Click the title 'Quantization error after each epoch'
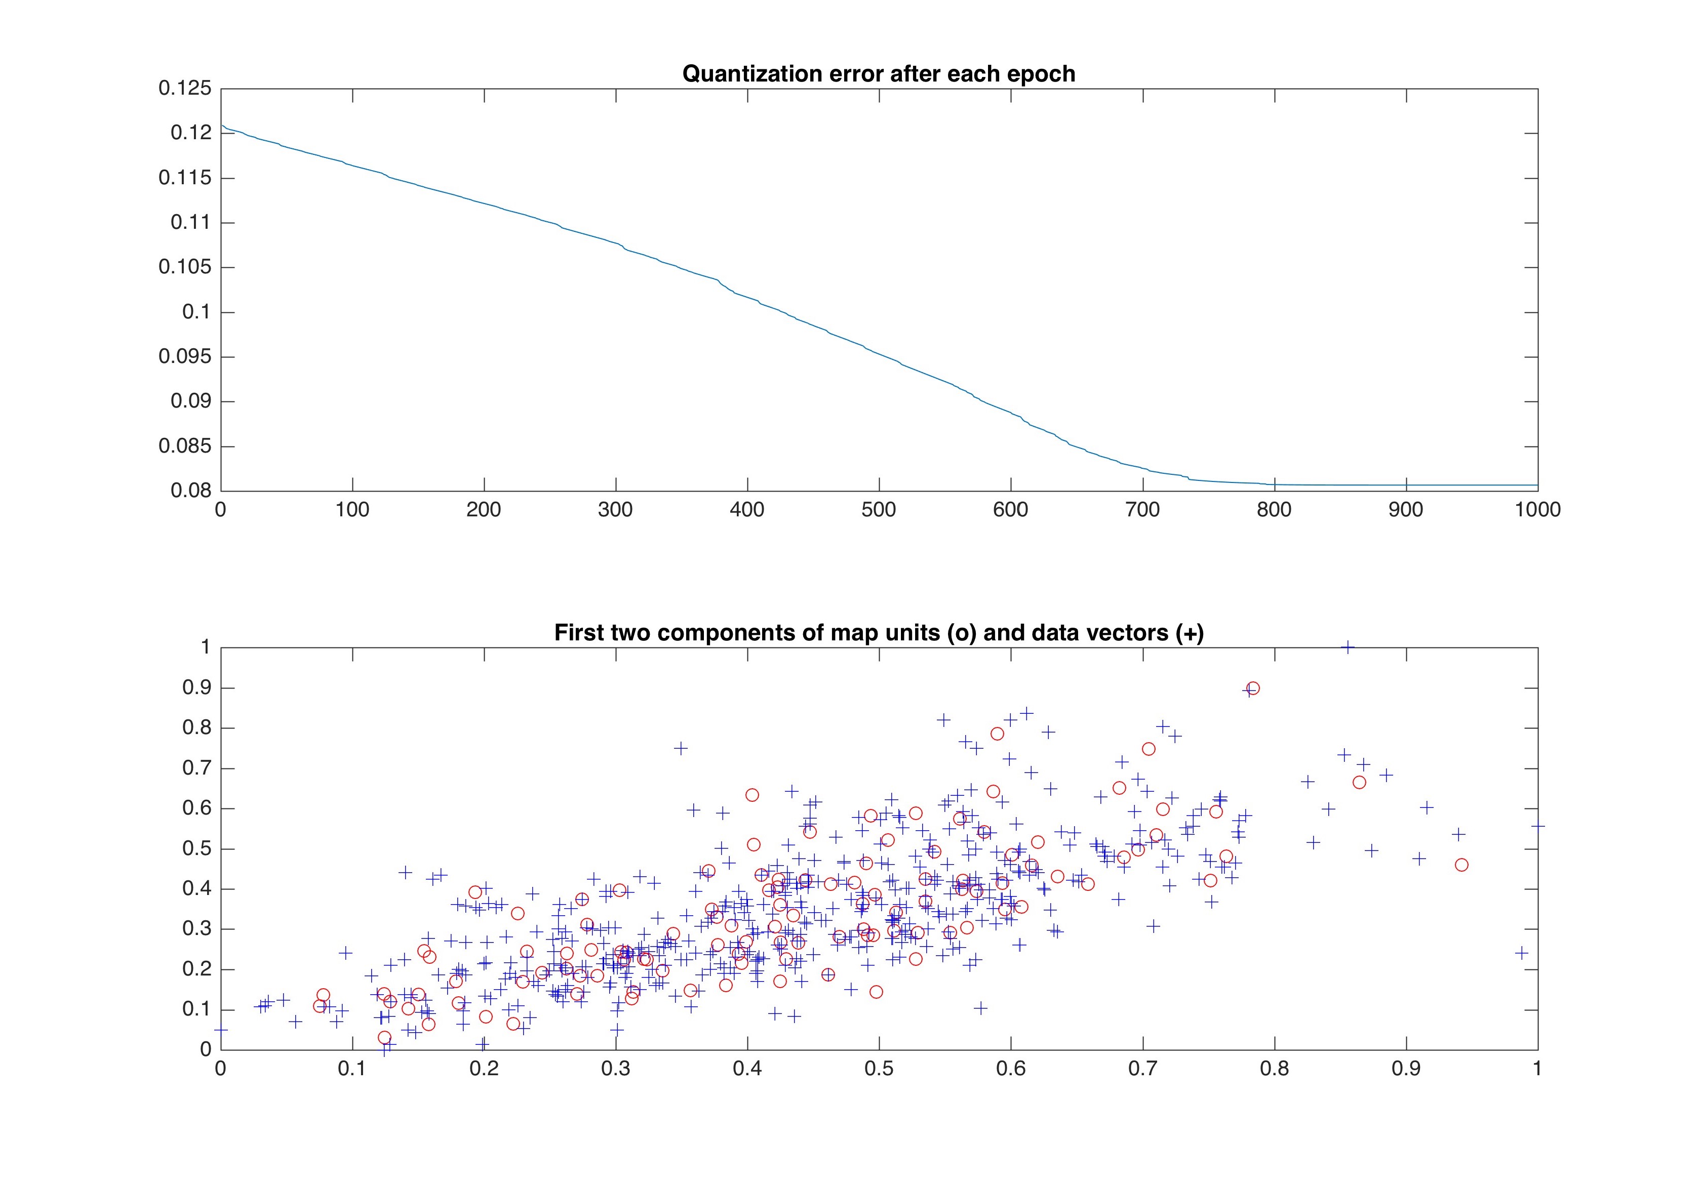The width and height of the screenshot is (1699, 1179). point(878,74)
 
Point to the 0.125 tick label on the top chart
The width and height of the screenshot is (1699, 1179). point(185,89)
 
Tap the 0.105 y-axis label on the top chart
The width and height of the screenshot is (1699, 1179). point(185,267)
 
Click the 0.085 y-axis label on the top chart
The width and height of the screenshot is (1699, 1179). point(185,446)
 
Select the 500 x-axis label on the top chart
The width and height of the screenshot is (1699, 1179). point(879,510)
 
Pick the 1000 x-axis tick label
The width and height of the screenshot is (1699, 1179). point(1537,510)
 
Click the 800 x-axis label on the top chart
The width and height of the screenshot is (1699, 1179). point(1274,510)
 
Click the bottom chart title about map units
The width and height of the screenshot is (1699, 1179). point(878,633)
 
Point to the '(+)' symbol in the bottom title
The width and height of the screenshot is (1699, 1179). point(1189,633)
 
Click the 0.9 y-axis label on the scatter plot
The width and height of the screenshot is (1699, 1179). point(196,688)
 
